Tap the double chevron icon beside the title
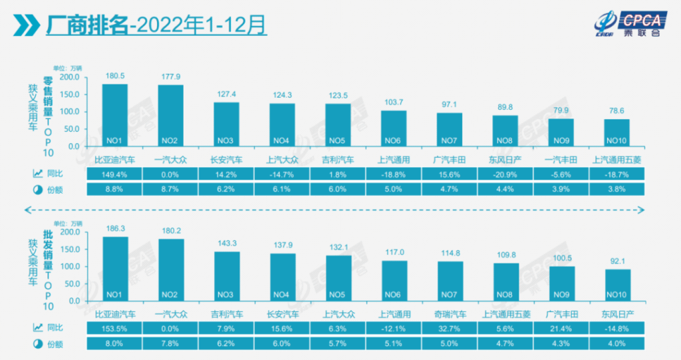pos(26,26)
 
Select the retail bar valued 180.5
pos(114,114)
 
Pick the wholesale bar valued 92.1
pos(617,285)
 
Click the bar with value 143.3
pos(226,276)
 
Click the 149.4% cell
pos(114,174)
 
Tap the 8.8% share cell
pos(114,189)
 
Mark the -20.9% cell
pos(505,174)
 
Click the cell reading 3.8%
pos(617,189)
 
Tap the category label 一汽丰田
pos(561,160)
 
